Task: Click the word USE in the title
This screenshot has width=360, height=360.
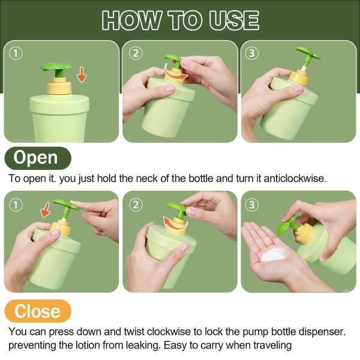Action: tap(234, 20)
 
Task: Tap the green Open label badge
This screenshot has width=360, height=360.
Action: tap(38, 158)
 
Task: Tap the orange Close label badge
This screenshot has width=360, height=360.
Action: tap(38, 311)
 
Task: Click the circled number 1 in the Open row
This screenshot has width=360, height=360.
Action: tap(16, 53)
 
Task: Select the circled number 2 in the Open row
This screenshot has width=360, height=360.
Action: tap(136, 53)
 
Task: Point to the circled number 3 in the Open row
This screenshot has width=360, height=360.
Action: tap(252, 53)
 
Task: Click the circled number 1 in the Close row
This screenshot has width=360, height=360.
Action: tap(16, 205)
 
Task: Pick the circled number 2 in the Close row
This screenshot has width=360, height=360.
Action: tap(136, 205)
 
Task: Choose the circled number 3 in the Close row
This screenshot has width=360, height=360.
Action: tap(252, 205)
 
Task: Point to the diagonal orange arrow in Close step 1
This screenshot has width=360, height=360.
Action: tap(46, 210)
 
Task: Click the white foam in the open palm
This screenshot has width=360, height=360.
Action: tap(274, 255)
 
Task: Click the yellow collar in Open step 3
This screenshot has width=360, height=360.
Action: tap(299, 78)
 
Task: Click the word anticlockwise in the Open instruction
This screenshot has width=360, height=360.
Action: tap(295, 178)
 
